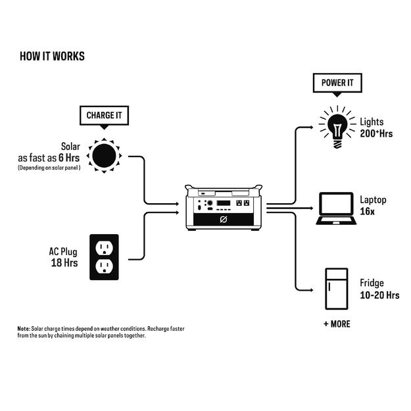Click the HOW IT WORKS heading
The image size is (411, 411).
pyautogui.click(x=53, y=56)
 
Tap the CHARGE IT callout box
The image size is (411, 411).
pyautogui.click(x=104, y=116)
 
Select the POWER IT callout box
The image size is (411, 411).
pyautogui.click(x=337, y=84)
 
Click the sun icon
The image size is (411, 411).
pyautogui.click(x=104, y=156)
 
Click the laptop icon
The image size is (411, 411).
pyautogui.click(x=335, y=208)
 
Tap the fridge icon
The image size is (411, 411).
pyautogui.click(x=336, y=289)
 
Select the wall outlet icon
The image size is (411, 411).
pyautogui.click(x=104, y=257)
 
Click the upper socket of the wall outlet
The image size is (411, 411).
pyautogui.click(x=104, y=248)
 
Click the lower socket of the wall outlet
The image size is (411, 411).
pyautogui.click(x=104, y=266)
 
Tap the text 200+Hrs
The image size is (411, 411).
pyautogui.click(x=376, y=133)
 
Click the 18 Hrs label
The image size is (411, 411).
pyautogui.click(x=64, y=263)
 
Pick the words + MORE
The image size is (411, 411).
pyautogui.click(x=337, y=324)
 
